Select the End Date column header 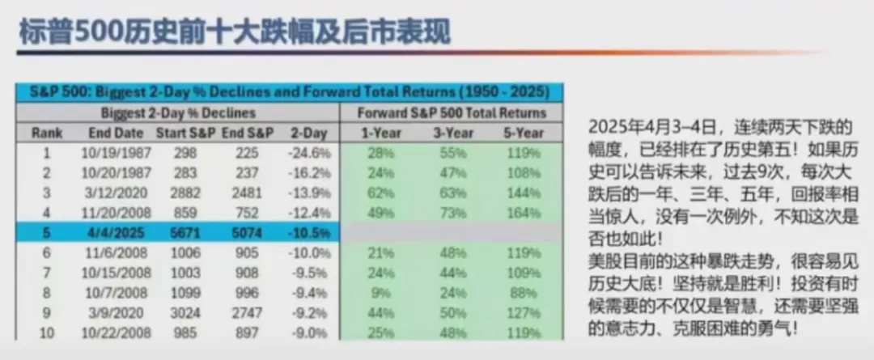pos(116,133)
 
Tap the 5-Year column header pos(524,133)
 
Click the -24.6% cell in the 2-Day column pos(309,153)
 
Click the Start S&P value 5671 pos(185,233)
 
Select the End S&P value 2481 pos(246,193)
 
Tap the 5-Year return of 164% pos(524,213)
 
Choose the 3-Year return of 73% pos(453,213)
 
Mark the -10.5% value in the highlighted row pos(309,233)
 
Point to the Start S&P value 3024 pos(185,312)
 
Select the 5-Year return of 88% pos(524,293)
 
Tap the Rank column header pos(48,133)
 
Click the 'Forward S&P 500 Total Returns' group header pos(452,113)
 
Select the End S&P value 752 pos(246,213)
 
